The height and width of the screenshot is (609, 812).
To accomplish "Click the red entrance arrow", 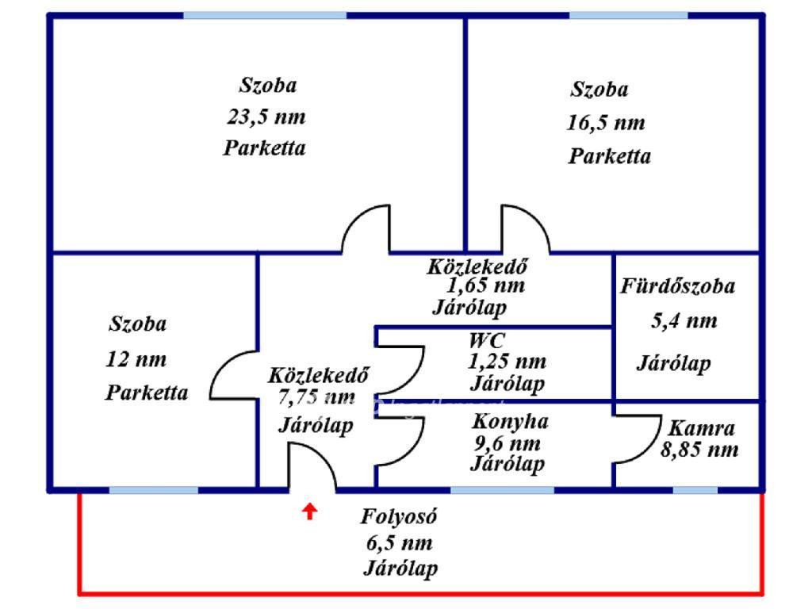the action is click(310, 511).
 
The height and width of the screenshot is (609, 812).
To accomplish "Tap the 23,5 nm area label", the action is click(266, 117).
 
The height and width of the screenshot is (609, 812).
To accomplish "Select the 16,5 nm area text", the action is click(606, 123).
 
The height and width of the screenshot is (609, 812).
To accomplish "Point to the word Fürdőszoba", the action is click(678, 285).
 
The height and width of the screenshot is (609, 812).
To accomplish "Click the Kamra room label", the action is click(702, 428).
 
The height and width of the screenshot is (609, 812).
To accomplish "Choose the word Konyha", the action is click(510, 421).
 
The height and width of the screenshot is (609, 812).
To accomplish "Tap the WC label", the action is click(486, 340).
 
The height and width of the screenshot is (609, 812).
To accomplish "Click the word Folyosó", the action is click(399, 516).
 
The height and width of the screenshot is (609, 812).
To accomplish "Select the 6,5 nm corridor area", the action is click(399, 543).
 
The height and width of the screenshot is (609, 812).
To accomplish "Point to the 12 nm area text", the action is click(136, 359).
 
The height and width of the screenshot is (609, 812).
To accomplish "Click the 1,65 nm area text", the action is click(485, 285).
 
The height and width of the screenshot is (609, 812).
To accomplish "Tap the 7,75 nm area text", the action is click(316, 397).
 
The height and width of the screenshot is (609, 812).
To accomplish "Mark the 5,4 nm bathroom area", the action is click(684, 321).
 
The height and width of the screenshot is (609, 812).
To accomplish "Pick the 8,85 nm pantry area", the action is click(699, 450).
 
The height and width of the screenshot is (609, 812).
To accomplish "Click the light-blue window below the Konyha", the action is click(502, 490).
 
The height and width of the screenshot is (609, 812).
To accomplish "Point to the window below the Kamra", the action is click(695, 490).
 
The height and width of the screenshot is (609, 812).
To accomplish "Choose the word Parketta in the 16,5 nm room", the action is click(610, 156).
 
